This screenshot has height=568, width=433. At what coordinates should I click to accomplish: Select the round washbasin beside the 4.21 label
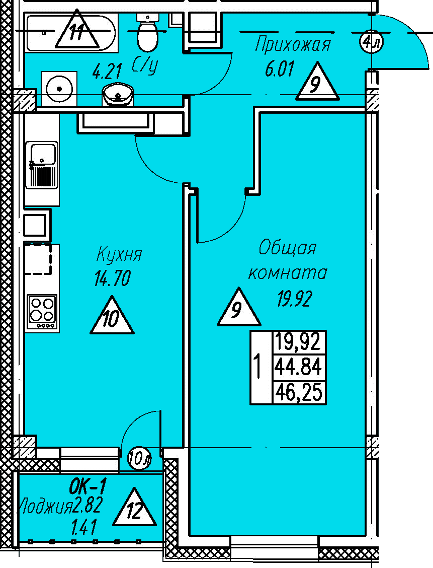pyautogui.click(x=118, y=95)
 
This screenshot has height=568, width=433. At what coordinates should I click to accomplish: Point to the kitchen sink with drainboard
pyautogui.click(x=42, y=165)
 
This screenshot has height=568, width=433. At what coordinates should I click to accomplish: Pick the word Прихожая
pyautogui.click(x=293, y=45)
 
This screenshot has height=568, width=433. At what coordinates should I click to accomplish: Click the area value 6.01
pyautogui.click(x=280, y=69)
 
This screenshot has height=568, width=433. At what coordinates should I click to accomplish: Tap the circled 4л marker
pyautogui.click(x=371, y=43)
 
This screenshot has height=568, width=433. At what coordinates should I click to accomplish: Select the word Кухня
pyautogui.click(x=119, y=254)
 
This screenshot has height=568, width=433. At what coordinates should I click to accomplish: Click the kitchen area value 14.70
pyautogui.click(x=113, y=278)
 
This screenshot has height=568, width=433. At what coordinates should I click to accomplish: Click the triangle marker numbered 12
pyautogui.click(x=134, y=507)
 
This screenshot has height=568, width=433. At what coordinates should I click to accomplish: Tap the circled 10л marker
pyautogui.click(x=139, y=459)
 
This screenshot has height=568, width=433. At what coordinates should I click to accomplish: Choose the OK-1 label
pyautogui.click(x=88, y=486)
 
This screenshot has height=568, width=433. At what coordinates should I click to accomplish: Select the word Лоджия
pyautogui.click(x=45, y=506)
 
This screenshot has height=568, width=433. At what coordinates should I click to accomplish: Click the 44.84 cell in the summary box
pyautogui.click(x=298, y=367)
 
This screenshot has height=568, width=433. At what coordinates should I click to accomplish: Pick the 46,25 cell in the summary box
pyautogui.click(x=298, y=392)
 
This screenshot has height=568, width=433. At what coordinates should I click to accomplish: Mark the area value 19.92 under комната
pyautogui.click(x=295, y=299)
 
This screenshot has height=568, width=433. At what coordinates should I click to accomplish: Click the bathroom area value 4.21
pyautogui.click(x=107, y=71)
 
